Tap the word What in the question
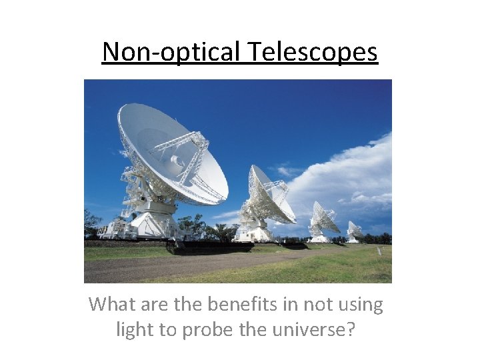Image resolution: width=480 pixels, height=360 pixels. click(x=111, y=305)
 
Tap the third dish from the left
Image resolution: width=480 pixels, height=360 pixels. click(x=324, y=219)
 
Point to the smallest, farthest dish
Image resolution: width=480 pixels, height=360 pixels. click(x=354, y=231)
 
